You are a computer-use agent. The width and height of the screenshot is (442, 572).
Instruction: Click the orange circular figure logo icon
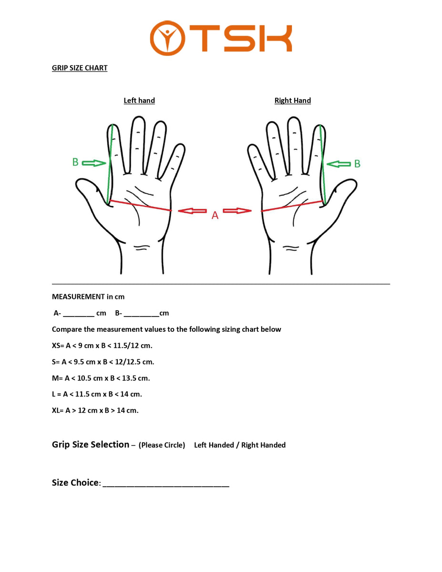167,38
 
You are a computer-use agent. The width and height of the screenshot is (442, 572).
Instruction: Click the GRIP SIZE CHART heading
80,68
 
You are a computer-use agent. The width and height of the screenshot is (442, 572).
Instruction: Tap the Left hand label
139,101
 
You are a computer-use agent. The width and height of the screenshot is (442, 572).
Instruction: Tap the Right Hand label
292,101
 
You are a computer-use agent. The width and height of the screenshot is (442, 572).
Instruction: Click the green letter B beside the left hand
75,162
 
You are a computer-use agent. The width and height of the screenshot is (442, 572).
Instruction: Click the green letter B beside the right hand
357,163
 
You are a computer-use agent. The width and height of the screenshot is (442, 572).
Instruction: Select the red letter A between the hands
215,215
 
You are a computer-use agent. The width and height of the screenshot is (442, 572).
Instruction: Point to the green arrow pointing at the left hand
94,163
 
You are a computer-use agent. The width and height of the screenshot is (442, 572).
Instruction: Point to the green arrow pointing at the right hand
339,164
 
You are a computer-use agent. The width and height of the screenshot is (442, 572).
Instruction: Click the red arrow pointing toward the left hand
192,211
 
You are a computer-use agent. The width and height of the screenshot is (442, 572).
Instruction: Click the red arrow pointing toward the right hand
237,211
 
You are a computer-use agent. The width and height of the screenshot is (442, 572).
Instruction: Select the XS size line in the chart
102,346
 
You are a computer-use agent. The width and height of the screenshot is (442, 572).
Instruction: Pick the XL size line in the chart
95,410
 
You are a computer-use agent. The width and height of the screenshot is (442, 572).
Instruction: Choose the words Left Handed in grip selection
214,445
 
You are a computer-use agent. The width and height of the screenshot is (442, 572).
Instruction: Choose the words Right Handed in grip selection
263,445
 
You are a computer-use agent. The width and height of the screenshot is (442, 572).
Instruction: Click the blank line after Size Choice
166,486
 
